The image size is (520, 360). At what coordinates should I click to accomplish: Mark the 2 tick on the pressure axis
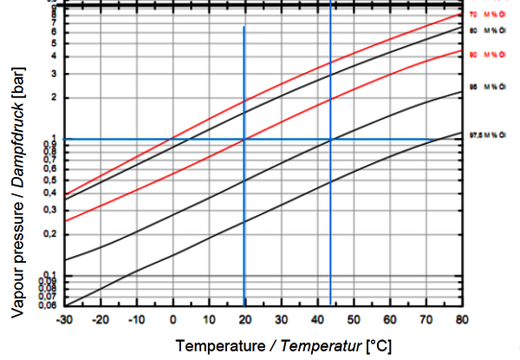tap(55, 97)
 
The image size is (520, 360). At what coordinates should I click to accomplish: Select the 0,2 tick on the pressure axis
tap(51, 234)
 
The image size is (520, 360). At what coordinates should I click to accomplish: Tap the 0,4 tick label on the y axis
tap(51, 193)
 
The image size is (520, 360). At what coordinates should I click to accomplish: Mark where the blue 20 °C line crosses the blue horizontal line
tap(244, 139)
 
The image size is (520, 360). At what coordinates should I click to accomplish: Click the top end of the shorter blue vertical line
tap(244, 28)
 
